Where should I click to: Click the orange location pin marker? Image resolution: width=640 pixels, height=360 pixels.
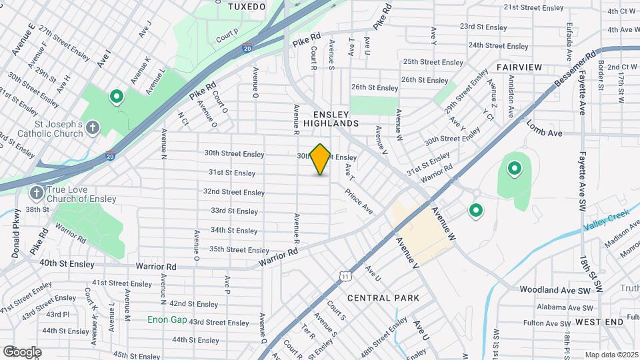coord(321,159)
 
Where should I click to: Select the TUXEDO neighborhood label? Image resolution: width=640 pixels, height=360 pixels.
coord(247,6)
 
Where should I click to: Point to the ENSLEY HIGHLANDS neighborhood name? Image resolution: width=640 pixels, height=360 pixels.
coord(331,118)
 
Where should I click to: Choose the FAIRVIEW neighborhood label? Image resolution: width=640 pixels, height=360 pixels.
coord(519,68)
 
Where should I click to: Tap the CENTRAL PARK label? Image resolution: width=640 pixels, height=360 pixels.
coord(383,298)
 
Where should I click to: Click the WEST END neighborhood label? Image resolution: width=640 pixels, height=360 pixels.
coord(599,322)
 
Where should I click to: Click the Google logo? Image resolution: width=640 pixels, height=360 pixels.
coord(21,352)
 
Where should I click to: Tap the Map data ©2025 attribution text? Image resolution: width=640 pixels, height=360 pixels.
coord(610,355)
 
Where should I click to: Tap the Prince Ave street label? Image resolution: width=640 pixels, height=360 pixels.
coord(359,201)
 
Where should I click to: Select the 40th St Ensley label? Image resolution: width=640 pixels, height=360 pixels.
coord(66,263)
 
